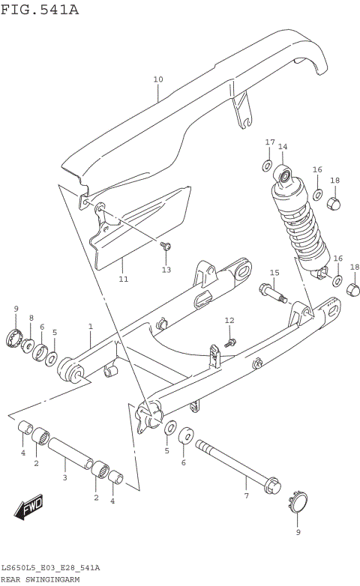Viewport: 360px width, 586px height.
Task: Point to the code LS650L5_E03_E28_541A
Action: coord(50,569)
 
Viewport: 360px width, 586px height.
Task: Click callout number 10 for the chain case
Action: coord(157,79)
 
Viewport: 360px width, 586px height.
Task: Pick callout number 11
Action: coord(123,279)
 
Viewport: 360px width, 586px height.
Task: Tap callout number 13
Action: coord(166,269)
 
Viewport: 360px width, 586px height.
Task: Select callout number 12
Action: coord(229,321)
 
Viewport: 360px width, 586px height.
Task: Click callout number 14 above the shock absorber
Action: coord(283,147)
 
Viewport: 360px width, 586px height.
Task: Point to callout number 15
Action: coord(274,273)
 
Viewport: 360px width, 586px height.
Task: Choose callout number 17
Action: coord(269,142)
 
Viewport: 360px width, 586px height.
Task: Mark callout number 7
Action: coord(245,496)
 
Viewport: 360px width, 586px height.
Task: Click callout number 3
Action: coord(64,477)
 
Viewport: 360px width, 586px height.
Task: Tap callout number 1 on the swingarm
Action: coord(90,327)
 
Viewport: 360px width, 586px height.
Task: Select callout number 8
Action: coord(31,318)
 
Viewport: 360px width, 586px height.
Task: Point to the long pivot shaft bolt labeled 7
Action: coord(236,464)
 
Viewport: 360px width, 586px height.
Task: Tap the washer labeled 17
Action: coord(268,164)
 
